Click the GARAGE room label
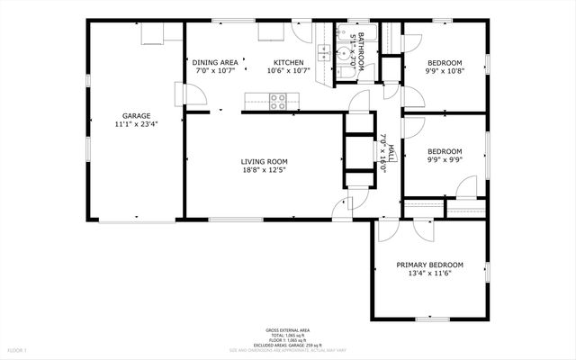coord(137,115)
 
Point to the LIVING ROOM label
coord(265,162)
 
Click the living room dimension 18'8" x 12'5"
coord(265,172)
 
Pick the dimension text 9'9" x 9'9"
coord(444,161)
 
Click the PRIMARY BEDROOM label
coord(430,265)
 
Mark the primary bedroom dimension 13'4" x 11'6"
coord(430,274)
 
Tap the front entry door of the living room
coord(342,209)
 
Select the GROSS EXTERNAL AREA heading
coord(288,329)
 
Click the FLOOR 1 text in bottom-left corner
coord(18,349)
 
